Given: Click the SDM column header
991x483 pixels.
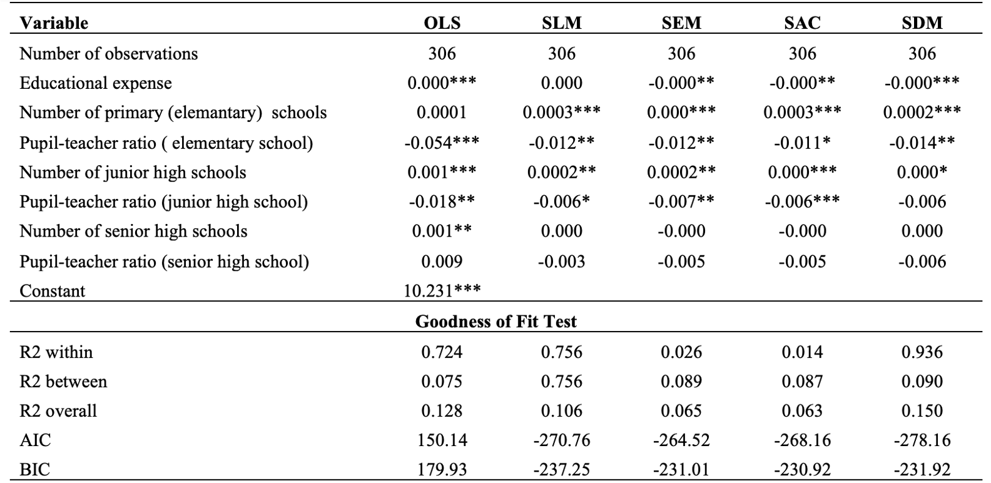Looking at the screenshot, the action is (x=922, y=23).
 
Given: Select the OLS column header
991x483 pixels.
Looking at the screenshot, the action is (x=442, y=23).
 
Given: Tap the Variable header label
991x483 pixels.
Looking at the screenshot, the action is (x=54, y=23).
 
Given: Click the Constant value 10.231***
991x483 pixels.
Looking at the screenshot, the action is (x=442, y=290).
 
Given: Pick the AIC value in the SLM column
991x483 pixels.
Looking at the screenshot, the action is (x=561, y=440).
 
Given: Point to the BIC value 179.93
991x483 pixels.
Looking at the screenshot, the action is (x=442, y=469).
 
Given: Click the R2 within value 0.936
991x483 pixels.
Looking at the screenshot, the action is (x=922, y=352).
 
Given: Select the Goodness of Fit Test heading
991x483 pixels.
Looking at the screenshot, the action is (x=495, y=322).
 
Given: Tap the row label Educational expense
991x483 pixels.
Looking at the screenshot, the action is (x=96, y=83).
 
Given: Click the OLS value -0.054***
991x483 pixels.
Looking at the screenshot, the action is (x=442, y=143).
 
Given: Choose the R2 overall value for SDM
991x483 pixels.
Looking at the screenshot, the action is (x=922, y=411).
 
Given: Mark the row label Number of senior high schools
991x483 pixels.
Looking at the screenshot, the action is (x=133, y=231).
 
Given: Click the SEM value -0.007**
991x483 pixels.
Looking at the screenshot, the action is (x=681, y=201).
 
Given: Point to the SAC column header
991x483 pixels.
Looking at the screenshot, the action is (x=802, y=23).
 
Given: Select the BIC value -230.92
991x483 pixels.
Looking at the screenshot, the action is (x=802, y=469).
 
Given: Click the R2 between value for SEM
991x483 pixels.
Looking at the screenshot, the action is (x=681, y=381).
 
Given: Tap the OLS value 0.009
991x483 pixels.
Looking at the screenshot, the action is (x=442, y=262).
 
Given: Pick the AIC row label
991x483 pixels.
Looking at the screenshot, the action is (x=36, y=440).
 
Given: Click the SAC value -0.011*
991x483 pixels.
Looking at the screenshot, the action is (x=802, y=143).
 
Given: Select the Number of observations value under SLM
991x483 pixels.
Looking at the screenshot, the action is (x=561, y=54).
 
